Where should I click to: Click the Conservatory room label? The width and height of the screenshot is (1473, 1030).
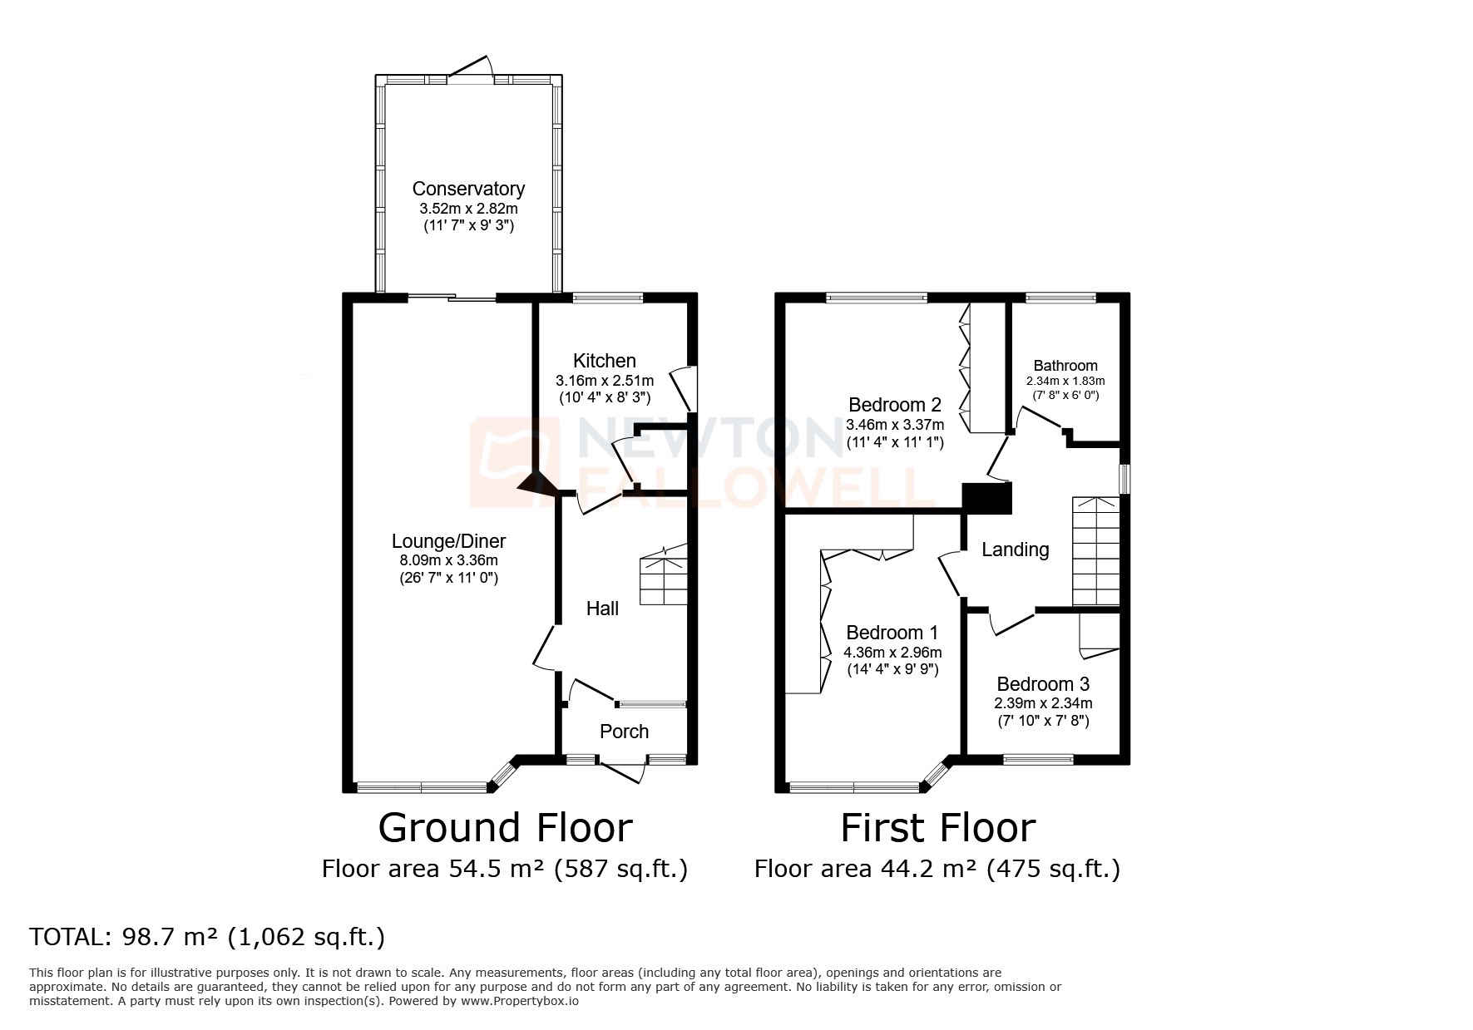tap(468, 189)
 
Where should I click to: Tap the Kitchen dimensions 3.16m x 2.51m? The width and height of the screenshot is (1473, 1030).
tap(605, 380)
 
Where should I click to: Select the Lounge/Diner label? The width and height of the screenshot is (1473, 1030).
tap(448, 541)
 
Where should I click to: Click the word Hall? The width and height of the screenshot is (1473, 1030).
tap(602, 609)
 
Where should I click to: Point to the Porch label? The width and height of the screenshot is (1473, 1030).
tap(624, 731)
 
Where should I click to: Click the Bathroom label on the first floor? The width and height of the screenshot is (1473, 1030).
tap(1065, 366)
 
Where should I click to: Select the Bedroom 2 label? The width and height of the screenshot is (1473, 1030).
tap(894, 405)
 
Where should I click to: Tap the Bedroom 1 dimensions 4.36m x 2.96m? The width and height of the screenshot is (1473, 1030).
tap(892, 653)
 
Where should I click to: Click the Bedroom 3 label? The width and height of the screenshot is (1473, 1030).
tap(1043, 684)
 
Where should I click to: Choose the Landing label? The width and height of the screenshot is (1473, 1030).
tap(1015, 549)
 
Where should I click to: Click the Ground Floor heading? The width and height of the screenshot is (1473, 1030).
tap(505, 828)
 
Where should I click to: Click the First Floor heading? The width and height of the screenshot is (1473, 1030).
tap(937, 828)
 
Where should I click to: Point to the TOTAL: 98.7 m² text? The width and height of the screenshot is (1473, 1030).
tap(207, 937)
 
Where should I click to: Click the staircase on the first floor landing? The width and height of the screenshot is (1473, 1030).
tap(1095, 551)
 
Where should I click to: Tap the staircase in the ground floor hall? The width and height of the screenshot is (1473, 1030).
tap(664, 575)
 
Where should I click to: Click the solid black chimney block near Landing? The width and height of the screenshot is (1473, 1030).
tap(986, 498)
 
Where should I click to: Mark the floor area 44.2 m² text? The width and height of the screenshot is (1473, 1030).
tap(937, 870)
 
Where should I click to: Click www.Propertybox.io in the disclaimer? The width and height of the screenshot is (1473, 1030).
tap(520, 1001)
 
